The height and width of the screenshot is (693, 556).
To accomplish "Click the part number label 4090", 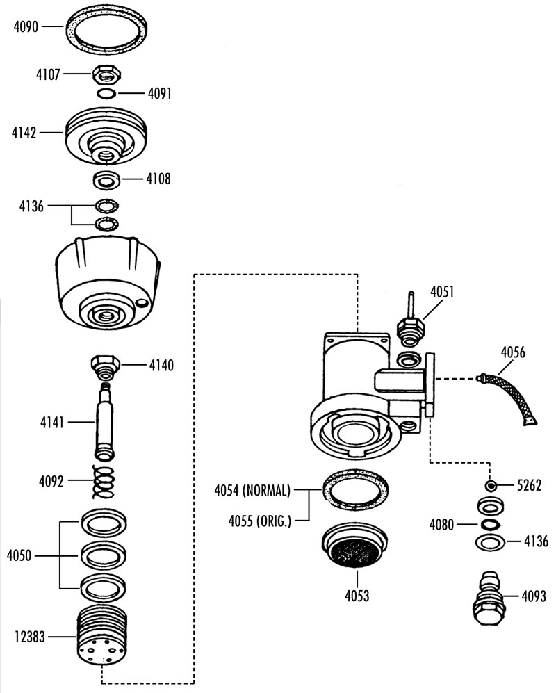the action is (x=26, y=27).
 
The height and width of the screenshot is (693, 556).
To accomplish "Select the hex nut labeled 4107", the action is (x=106, y=74).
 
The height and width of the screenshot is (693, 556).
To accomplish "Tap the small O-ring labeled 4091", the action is (x=106, y=94).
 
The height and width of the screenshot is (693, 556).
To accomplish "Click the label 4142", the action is (x=24, y=133).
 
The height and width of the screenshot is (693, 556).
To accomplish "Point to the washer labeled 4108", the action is (x=106, y=179).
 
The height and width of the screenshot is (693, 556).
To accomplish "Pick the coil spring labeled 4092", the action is (x=104, y=481).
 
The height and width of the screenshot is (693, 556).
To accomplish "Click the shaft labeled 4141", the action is (x=105, y=422).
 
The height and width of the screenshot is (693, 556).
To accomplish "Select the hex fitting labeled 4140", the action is (x=106, y=367).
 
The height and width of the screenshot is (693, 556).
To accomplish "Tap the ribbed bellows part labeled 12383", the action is (x=101, y=635).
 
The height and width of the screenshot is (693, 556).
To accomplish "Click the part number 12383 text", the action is (x=30, y=637).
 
